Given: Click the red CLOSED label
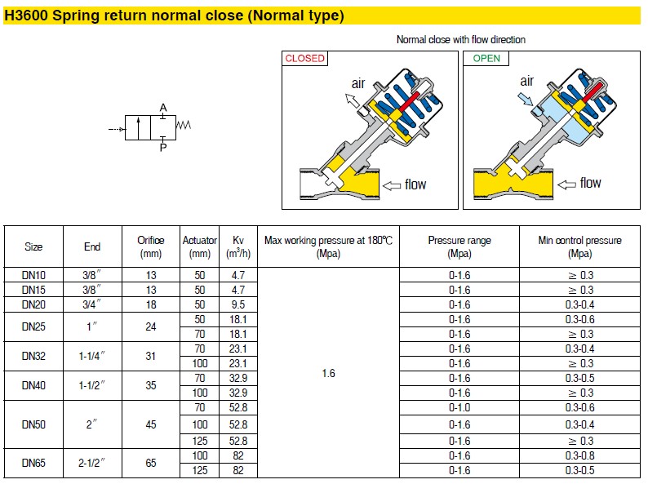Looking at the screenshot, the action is [x=304, y=58].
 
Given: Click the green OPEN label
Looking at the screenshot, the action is [x=486, y=58].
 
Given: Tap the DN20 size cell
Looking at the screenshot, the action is [x=33, y=304].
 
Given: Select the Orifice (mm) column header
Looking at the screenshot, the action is [x=151, y=246].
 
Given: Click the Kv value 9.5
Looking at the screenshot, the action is [x=238, y=304].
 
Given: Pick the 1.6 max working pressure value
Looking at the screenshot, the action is [x=329, y=373].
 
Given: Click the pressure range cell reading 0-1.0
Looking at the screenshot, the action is [x=459, y=407].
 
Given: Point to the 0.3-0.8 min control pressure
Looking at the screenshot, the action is [x=579, y=455].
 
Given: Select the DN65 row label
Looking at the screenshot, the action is [x=33, y=463].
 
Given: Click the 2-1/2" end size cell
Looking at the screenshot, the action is [x=91, y=463].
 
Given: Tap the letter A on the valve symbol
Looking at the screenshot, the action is [x=163, y=108].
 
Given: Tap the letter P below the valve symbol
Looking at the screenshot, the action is [x=163, y=148].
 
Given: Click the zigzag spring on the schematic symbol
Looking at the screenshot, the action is [x=184, y=125].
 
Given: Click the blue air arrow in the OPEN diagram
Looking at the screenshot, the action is [x=526, y=100].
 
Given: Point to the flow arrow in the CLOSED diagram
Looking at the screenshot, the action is [x=392, y=185].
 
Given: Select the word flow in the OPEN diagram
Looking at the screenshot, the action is [x=590, y=183].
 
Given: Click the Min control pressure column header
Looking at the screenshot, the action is [x=579, y=246].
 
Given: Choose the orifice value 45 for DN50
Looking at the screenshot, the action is [x=151, y=424].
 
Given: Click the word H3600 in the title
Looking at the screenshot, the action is [x=26, y=16].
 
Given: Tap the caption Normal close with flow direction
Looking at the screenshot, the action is [x=461, y=40].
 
